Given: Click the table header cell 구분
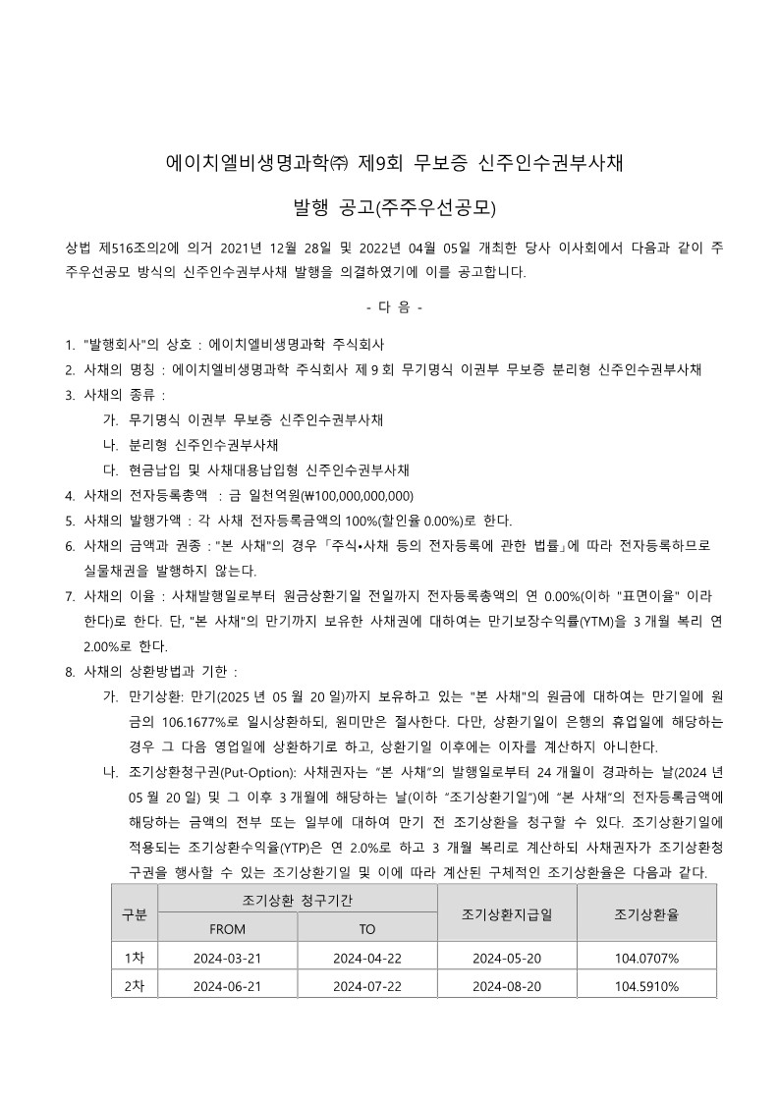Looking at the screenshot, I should (x=134, y=914).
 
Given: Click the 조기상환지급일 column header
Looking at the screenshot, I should (x=506, y=914).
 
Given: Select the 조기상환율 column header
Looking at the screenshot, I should (x=646, y=914).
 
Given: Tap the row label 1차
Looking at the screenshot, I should (x=134, y=958).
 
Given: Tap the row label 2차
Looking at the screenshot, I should (x=134, y=986).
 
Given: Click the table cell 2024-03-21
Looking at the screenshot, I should (x=227, y=958).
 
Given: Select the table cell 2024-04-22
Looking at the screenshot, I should (x=366, y=958).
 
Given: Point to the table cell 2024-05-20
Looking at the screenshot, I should (x=506, y=958).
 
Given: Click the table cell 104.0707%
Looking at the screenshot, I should (x=646, y=958).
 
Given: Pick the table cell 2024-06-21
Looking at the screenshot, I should (x=227, y=986).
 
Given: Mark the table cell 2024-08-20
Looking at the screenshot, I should (x=506, y=986).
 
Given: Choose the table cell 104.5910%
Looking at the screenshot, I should (x=646, y=986).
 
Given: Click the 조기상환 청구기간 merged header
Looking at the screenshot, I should (x=297, y=900).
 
